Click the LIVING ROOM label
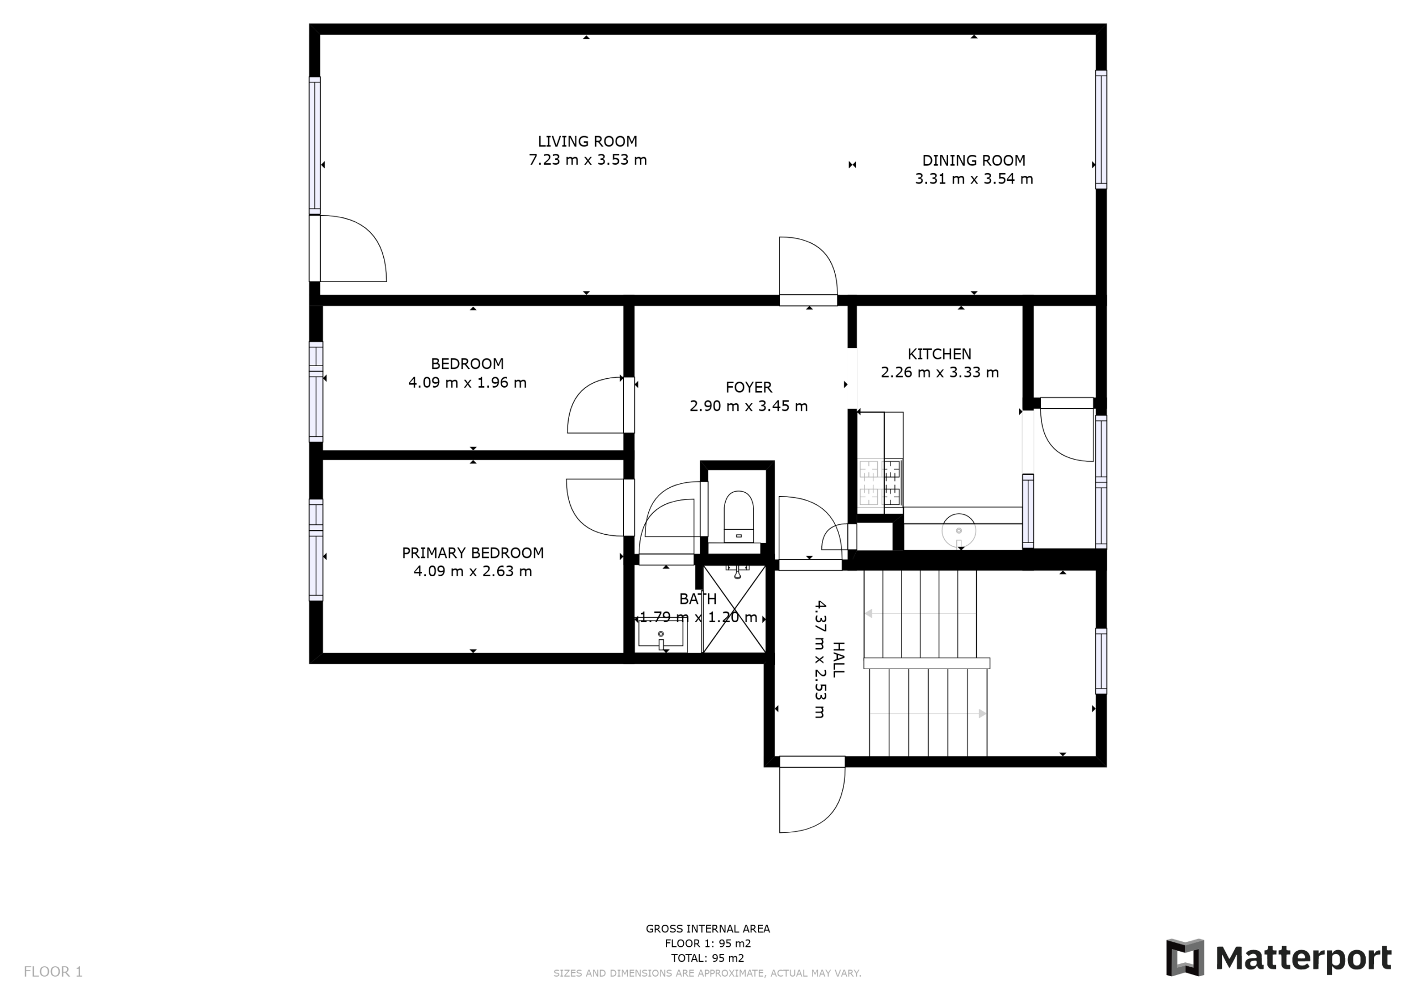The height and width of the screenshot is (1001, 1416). [587, 141]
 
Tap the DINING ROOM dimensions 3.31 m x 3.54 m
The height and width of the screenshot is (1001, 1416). [974, 179]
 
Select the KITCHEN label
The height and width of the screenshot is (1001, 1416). [939, 354]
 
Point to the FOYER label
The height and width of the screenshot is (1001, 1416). [749, 387]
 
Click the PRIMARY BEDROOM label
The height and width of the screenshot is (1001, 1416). [473, 552]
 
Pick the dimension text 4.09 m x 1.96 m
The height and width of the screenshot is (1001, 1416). [467, 382]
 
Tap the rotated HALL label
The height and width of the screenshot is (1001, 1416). [838, 659]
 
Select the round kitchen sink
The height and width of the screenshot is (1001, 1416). [959, 530]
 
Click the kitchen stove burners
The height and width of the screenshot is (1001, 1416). [880, 483]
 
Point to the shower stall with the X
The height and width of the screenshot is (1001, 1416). [734, 609]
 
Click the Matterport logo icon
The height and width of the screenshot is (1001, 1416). [1185, 958]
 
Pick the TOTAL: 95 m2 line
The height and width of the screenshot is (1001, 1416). [707, 958]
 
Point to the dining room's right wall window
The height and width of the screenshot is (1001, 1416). [1101, 129]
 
